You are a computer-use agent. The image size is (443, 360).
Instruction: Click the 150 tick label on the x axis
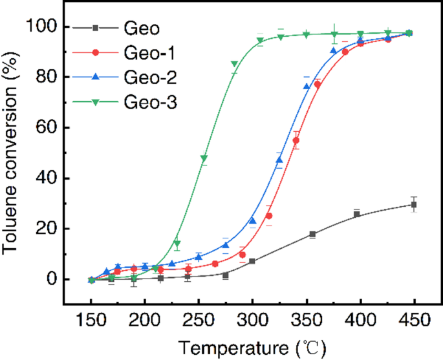click(x=91, y=319)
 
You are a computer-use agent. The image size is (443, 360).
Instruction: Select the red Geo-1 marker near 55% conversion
click(x=296, y=140)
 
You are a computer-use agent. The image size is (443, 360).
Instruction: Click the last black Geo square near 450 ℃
click(x=413, y=205)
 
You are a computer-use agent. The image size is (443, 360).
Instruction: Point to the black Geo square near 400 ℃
click(x=356, y=214)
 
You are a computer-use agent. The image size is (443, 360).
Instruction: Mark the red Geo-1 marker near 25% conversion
click(x=269, y=216)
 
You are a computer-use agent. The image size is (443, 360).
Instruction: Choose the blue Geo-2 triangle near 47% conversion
click(x=279, y=160)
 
